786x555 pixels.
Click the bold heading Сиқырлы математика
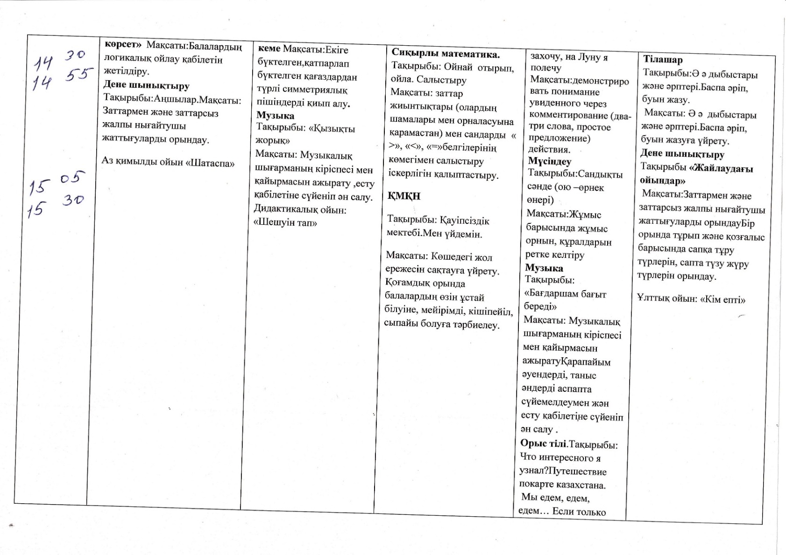tap(446, 54)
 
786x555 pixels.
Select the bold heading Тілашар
tap(663, 60)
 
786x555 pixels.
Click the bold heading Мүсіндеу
tap(549, 161)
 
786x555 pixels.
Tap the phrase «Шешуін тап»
tap(285, 222)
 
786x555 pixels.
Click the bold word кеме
tap(269, 49)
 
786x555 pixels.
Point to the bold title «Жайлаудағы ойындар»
tap(696, 174)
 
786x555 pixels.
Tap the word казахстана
tap(579, 485)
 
